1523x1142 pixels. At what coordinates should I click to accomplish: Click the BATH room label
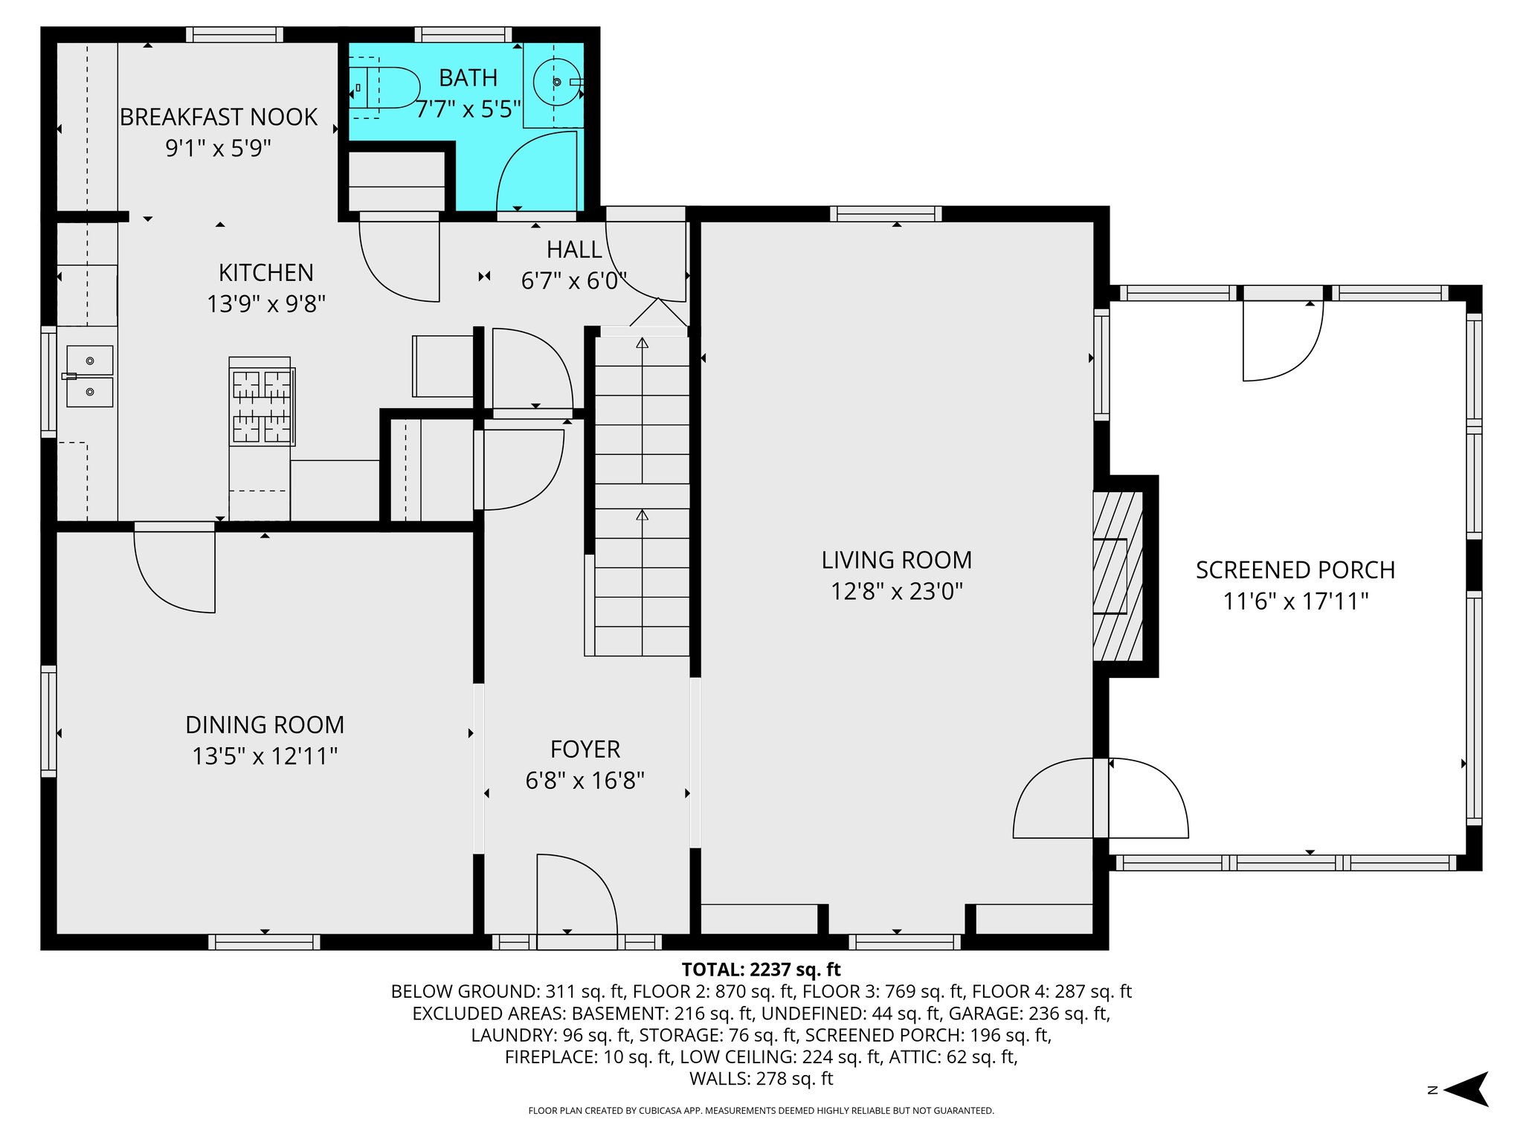(468, 77)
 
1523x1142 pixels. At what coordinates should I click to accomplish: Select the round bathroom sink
(556, 83)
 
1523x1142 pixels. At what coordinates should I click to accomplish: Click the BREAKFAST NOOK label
(218, 117)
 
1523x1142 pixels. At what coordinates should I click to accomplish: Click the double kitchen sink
(89, 375)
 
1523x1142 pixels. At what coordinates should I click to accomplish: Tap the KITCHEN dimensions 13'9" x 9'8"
(266, 304)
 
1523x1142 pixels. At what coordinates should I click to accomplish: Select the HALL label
(574, 250)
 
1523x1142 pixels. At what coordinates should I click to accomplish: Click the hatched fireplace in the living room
(1117, 576)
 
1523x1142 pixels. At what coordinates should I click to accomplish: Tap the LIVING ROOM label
(897, 560)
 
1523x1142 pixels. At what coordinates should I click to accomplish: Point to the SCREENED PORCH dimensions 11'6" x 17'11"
(1295, 601)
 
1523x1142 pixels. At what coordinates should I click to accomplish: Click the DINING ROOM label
(265, 725)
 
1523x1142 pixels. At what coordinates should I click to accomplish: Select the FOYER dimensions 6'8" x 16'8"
(585, 781)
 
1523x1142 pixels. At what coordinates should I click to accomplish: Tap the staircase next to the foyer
(642, 494)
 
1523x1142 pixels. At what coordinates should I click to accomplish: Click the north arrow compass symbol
(1466, 1090)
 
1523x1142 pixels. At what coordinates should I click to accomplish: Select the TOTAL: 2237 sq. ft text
(761, 970)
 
